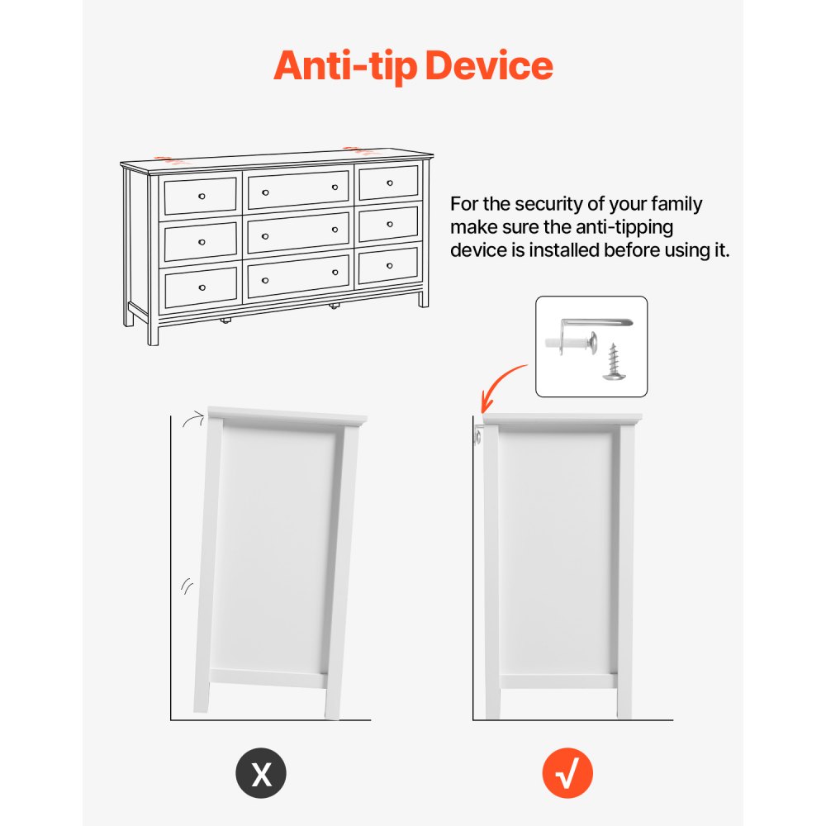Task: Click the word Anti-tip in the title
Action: pos(345,66)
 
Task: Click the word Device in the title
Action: pos(489,65)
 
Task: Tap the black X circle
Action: pos(261,773)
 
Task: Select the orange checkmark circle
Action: pos(567,773)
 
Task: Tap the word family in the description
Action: pos(676,204)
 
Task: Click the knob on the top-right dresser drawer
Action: pos(390,183)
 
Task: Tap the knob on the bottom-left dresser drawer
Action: pos(202,287)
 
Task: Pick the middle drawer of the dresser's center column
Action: pos(298,233)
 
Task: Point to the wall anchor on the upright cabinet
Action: pos(477,436)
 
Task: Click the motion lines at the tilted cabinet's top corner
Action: pos(192,418)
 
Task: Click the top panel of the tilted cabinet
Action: pos(287,416)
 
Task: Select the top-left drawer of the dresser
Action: pos(200,195)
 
